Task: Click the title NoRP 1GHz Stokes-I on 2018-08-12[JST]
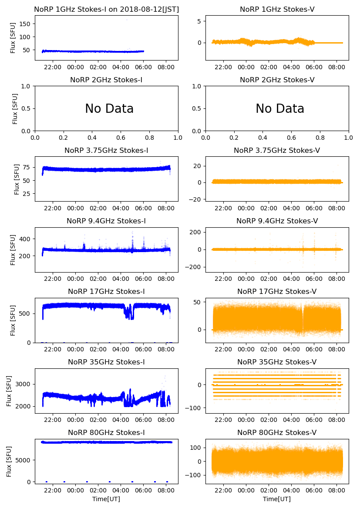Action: pyautogui.click(x=106, y=9)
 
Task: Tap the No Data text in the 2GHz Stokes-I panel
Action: pyautogui.click(x=109, y=109)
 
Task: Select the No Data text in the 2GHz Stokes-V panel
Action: pyautogui.click(x=280, y=109)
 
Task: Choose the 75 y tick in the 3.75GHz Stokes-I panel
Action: pyautogui.click(x=27, y=167)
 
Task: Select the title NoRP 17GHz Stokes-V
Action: pyautogui.click(x=277, y=291)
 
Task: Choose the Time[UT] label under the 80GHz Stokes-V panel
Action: pyautogui.click(x=277, y=499)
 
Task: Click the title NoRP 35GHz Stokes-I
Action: pyautogui.click(x=106, y=362)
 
